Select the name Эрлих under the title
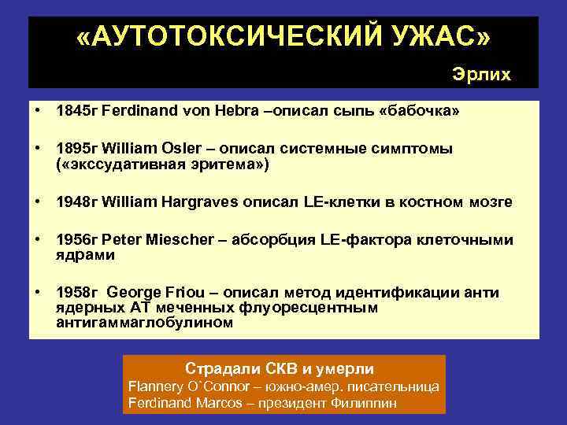click(481, 74)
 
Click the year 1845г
click(76, 112)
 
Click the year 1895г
click(76, 149)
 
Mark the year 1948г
click(76, 202)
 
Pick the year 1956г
click(76, 239)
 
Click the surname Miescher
click(172, 239)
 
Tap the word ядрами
click(85, 256)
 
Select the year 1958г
click(76, 293)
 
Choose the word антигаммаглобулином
click(144, 323)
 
